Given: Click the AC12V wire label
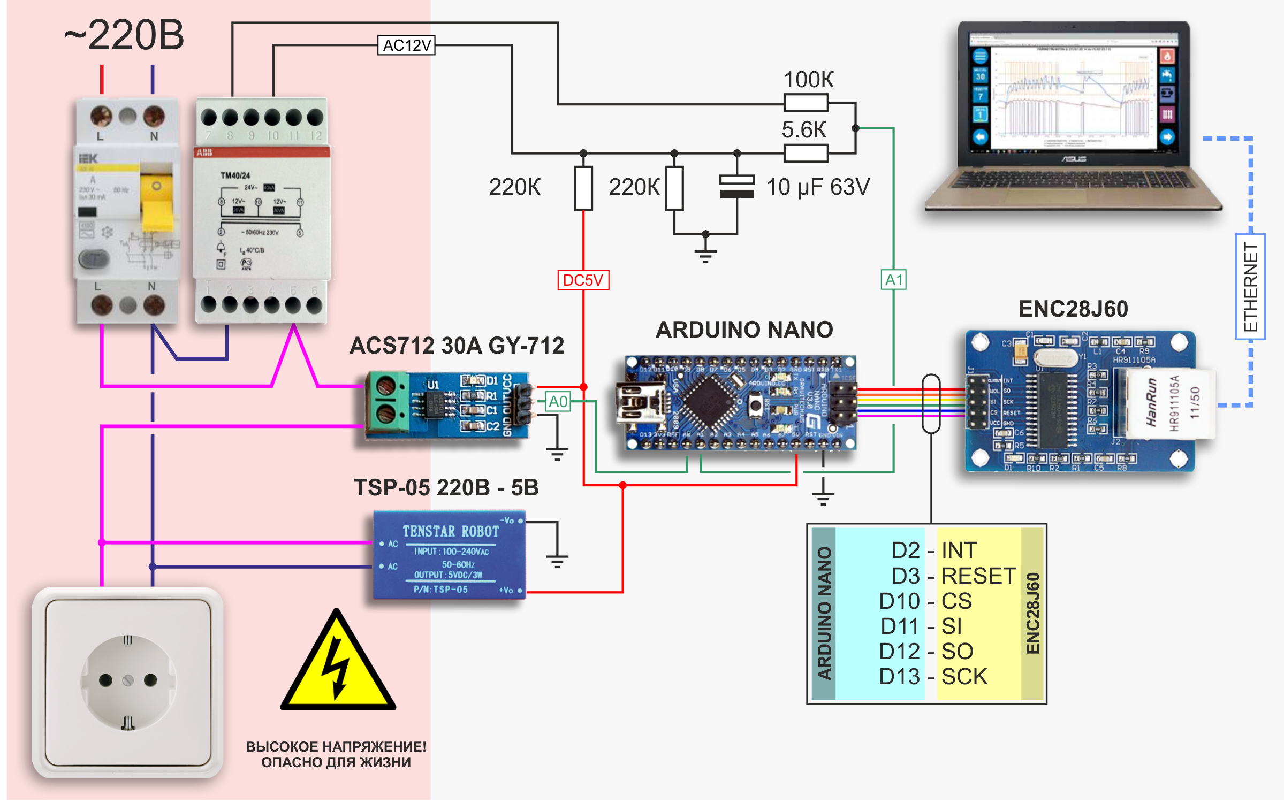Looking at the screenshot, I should tap(406, 45).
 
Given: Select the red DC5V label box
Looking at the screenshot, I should tap(583, 280).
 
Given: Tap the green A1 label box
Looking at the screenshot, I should tap(893, 280).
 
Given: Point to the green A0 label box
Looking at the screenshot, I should tap(558, 401).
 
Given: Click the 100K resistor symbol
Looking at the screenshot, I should tap(806, 102).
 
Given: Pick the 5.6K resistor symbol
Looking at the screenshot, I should tap(806, 153).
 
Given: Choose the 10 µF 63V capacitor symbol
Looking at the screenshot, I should tap(737, 187).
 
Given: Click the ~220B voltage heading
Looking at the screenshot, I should tap(124, 35).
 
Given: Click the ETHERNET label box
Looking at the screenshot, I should tap(1250, 287).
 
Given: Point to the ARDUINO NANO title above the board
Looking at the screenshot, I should tap(744, 330).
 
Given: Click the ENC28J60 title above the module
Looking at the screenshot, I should tap(1073, 309).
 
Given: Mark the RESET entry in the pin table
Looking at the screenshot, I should tap(978, 576).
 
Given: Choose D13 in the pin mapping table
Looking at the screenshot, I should tap(899, 677).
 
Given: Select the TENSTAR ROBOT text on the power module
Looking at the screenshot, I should tap(451, 531).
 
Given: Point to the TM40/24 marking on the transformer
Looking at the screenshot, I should tap(235, 175).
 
